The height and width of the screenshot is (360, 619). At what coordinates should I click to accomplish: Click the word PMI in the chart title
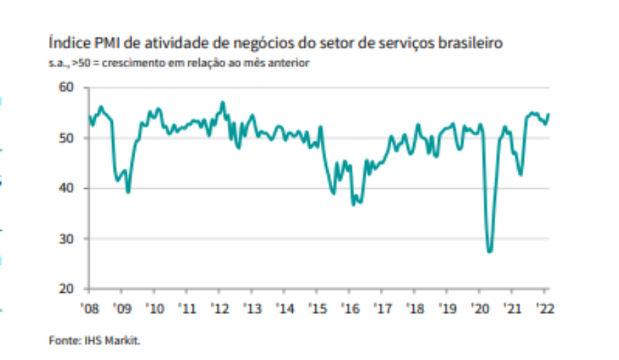[107, 43]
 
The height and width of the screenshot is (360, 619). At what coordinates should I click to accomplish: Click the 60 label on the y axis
[66, 87]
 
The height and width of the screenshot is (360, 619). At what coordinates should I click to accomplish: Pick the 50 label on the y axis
[66, 138]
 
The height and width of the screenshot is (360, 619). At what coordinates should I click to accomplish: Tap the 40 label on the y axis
[66, 188]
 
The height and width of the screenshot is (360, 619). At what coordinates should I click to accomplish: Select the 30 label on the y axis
[66, 239]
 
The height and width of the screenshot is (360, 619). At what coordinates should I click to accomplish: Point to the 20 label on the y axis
[66, 289]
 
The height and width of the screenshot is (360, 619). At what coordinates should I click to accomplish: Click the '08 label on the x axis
[90, 308]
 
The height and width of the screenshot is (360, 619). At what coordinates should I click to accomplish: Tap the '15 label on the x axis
[317, 308]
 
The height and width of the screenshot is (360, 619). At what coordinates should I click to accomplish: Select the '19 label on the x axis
[447, 308]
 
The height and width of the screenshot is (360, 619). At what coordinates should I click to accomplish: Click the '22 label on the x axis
[545, 308]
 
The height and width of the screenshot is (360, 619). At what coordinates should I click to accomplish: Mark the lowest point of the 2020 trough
[490, 251]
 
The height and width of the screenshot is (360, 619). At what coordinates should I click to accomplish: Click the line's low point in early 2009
[128, 192]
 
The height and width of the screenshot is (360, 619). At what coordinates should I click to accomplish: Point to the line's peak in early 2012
[223, 103]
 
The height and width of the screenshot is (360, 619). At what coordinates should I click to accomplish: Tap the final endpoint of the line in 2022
[548, 115]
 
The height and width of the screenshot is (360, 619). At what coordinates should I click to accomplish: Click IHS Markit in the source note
[112, 340]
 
